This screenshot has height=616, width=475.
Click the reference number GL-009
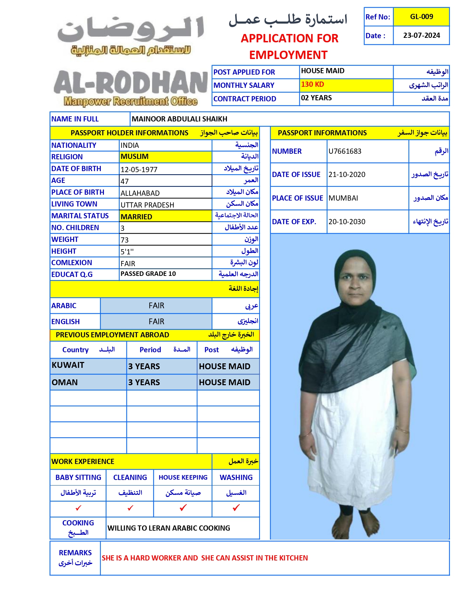click(421, 17)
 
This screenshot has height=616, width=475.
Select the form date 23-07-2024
click(421, 35)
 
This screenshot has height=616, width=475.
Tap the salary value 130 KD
click(313, 84)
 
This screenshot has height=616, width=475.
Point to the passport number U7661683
click(345, 151)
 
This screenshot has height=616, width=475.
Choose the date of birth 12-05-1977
click(139, 169)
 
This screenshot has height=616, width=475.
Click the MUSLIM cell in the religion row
click(135, 157)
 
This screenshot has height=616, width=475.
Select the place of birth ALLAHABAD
click(140, 193)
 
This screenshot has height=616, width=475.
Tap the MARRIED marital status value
click(137, 217)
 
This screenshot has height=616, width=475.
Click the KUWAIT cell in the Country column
click(68, 365)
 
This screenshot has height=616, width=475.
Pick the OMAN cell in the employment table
click(65, 382)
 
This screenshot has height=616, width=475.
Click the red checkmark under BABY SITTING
click(78, 508)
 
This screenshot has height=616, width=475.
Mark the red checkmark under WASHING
click(236, 508)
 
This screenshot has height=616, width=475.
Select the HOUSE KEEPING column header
click(183, 478)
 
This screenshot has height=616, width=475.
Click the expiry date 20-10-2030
click(347, 222)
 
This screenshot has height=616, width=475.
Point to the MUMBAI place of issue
click(343, 198)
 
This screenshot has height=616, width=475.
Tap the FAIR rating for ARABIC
click(156, 306)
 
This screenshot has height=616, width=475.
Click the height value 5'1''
click(127, 252)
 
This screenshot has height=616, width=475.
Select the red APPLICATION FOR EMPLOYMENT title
click(289, 47)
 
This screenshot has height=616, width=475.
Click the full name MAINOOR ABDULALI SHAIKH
click(179, 119)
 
